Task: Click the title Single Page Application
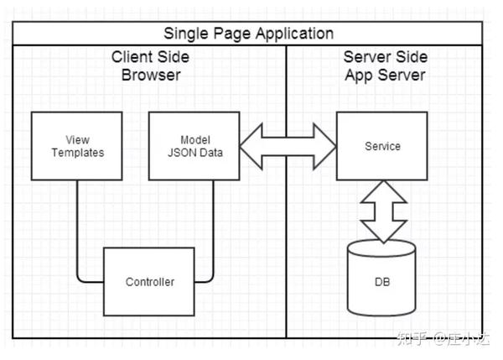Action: click(249, 34)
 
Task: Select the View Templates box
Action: click(76, 146)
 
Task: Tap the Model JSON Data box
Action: click(194, 146)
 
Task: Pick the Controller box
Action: click(149, 282)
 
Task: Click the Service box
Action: click(382, 146)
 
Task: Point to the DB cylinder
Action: click(381, 278)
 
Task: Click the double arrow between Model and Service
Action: click(288, 147)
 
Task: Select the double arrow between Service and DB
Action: click(384, 211)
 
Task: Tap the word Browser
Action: click(151, 76)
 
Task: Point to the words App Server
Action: click(386, 76)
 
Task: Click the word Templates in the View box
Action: click(78, 153)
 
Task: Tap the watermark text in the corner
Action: click(443, 338)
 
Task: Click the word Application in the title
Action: click(295, 34)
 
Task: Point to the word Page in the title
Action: click(232, 34)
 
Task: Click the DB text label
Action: click(382, 282)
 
